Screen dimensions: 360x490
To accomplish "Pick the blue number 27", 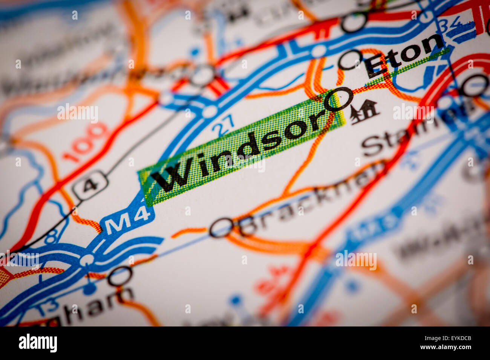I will point(223,126).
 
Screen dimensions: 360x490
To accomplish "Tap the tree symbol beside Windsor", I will point(364,111).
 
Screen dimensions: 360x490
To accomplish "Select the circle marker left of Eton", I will point(349,60).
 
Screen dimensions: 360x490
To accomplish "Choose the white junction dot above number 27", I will point(209,112).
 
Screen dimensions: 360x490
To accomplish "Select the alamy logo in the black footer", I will point(38,343).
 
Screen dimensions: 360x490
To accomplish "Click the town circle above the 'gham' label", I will point(120,276).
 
